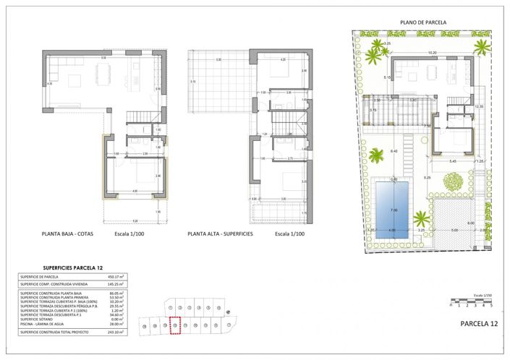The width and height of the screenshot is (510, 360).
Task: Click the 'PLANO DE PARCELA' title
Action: [x=422, y=22]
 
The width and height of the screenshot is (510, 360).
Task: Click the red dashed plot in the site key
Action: [x=174, y=325]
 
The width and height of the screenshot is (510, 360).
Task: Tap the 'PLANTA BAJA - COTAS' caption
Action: [x=67, y=234]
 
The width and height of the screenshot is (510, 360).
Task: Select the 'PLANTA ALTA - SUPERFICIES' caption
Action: [x=220, y=234]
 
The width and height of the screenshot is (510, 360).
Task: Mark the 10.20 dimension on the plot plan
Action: [x=432, y=52]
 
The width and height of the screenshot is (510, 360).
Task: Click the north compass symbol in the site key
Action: [x=229, y=312]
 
